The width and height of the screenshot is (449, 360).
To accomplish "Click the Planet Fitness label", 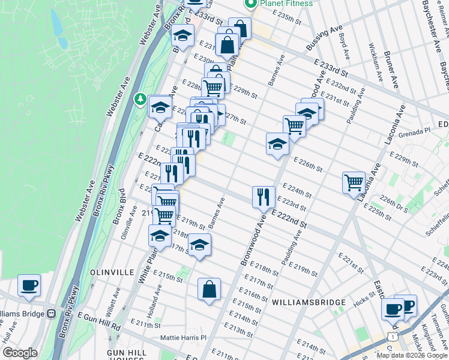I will point(286,4).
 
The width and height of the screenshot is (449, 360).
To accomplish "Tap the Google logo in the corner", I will point(20,353).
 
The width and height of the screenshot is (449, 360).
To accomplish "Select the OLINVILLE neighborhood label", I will point(112,272).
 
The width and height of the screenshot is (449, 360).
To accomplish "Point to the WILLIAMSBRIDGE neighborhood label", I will point(308,302).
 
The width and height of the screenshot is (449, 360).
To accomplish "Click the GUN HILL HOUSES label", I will point(127,354).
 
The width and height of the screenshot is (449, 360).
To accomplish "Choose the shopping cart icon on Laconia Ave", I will point(354,182).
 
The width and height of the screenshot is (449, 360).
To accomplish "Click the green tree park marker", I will point(140,97).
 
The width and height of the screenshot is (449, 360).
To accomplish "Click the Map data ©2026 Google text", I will point(411,355).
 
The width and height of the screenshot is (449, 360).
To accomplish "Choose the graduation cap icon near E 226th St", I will point(277,144).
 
